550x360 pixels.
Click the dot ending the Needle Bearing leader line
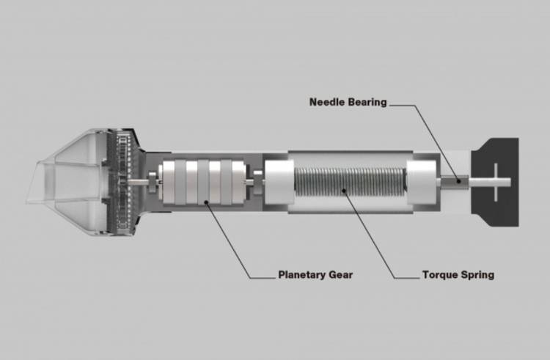(459, 181)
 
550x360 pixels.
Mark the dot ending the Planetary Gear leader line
(207, 202)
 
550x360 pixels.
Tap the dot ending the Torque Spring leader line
(344, 191)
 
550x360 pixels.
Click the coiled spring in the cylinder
(350, 182)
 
